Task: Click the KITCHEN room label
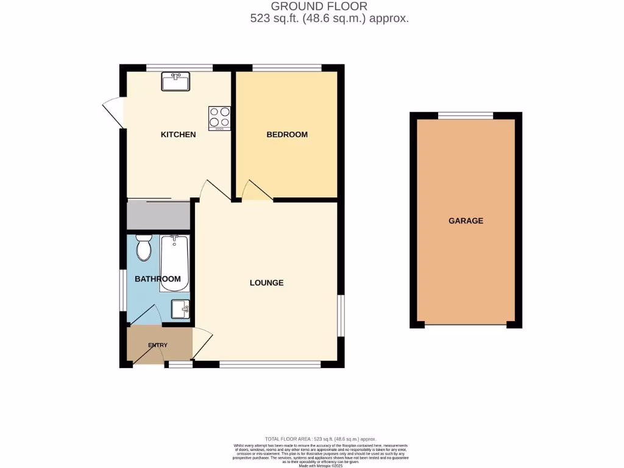178,134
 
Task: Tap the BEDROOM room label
287,134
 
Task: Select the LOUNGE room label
266,283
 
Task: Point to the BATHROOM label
158,279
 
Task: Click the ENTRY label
157,346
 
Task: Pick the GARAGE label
466,221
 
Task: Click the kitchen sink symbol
175,81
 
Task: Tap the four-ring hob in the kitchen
219,118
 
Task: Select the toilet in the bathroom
144,248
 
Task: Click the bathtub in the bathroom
175,263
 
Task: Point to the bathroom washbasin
180,310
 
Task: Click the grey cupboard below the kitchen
158,216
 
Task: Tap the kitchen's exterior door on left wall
113,113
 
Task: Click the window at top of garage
466,115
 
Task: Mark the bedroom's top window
286,68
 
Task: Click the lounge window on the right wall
341,315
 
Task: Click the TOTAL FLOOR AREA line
321,439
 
